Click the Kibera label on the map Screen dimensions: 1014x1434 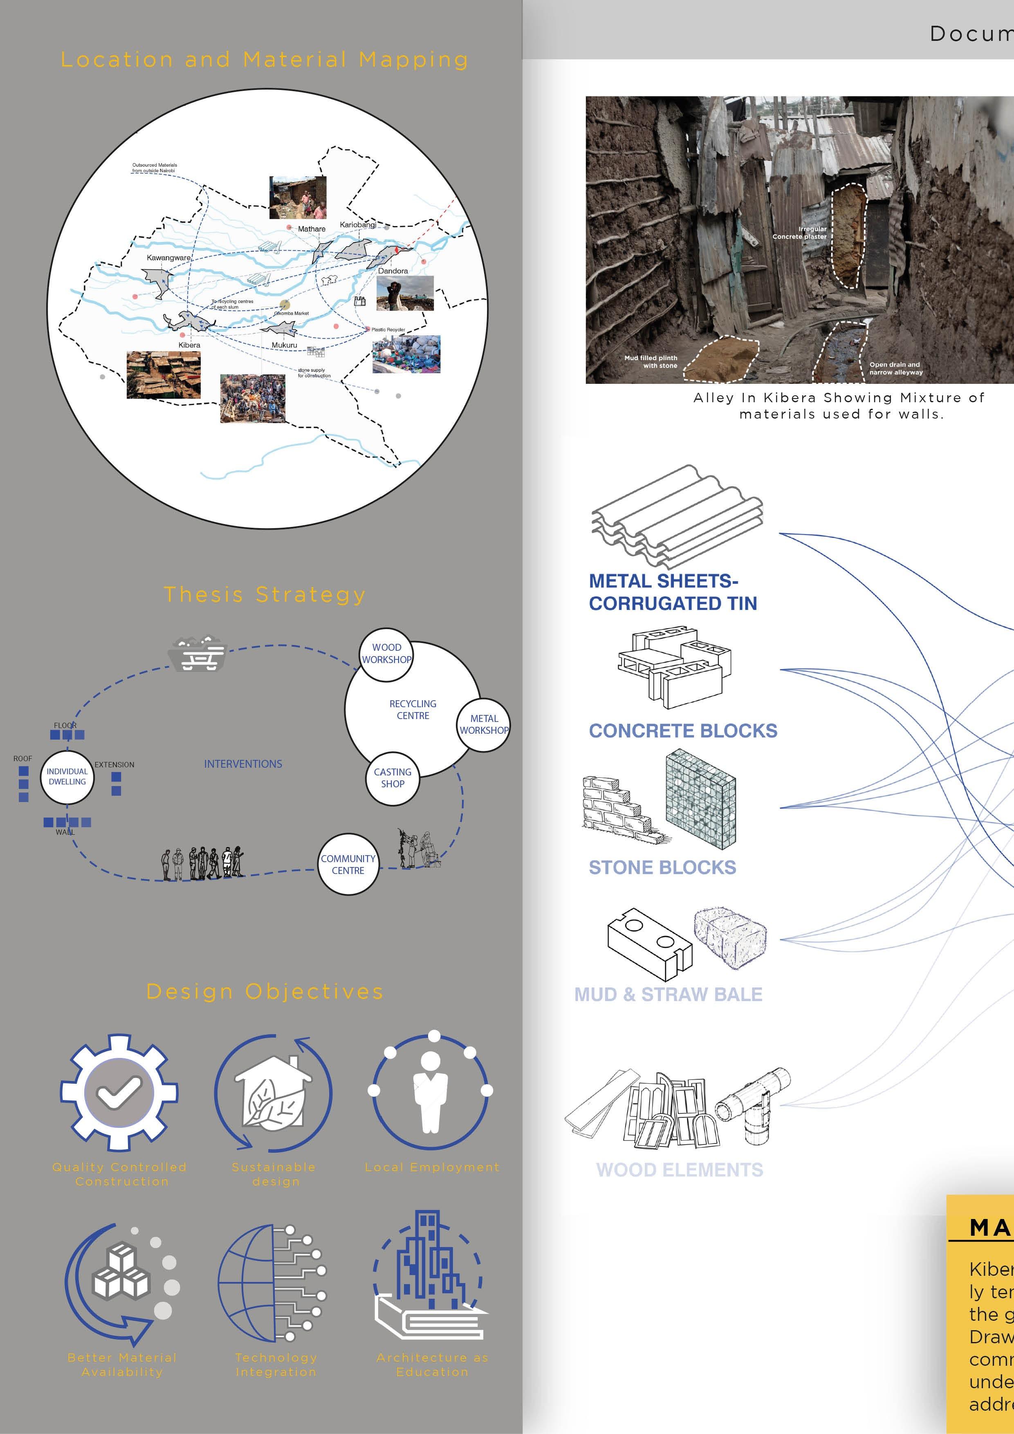(189, 345)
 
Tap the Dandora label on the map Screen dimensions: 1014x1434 (393, 271)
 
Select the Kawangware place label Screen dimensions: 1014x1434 (168, 257)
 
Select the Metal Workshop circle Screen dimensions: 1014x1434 (484, 724)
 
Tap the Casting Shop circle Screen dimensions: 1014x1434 (393, 778)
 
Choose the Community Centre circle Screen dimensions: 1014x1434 (348, 865)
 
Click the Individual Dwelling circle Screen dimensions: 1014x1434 (67, 777)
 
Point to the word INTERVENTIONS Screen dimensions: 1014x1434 (242, 764)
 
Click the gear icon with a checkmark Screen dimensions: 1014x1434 (119, 1092)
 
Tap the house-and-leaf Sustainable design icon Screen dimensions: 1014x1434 (273, 1092)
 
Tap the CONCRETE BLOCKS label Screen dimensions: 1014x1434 (683, 731)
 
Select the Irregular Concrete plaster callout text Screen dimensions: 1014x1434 (800, 233)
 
